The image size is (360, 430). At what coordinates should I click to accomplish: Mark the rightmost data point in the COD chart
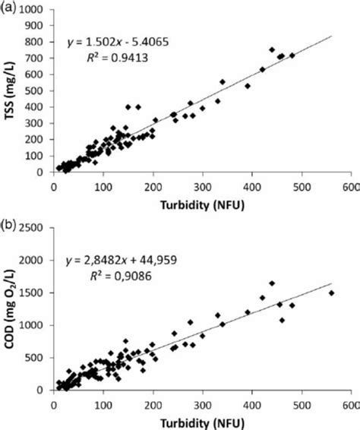[331, 293]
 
